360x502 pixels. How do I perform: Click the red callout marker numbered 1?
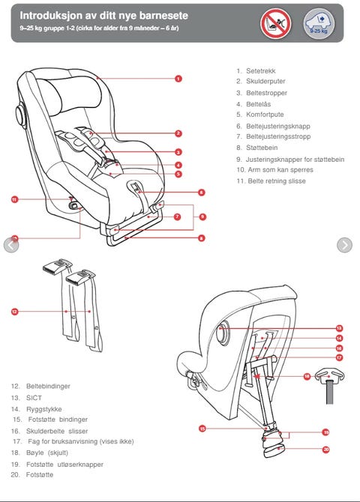tap(178, 79)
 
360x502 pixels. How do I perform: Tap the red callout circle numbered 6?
tap(201, 193)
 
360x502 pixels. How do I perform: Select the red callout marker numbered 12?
tap(15, 312)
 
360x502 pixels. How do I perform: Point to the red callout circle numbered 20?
tap(326, 450)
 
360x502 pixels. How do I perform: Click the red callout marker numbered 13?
tap(340, 328)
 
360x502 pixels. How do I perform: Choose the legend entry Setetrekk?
tap(260, 71)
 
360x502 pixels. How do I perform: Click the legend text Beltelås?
tap(259, 104)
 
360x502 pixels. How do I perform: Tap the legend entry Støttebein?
tap(262, 148)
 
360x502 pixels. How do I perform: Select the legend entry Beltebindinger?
tap(48, 386)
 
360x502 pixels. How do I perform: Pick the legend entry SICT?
tap(34, 398)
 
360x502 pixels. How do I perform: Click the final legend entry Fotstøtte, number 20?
tap(40, 474)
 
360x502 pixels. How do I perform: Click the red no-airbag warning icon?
tap(276, 24)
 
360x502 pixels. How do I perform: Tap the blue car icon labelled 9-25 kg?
tap(319, 24)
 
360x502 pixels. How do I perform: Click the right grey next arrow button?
tap(344, 245)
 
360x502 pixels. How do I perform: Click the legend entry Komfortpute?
tap(265, 115)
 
